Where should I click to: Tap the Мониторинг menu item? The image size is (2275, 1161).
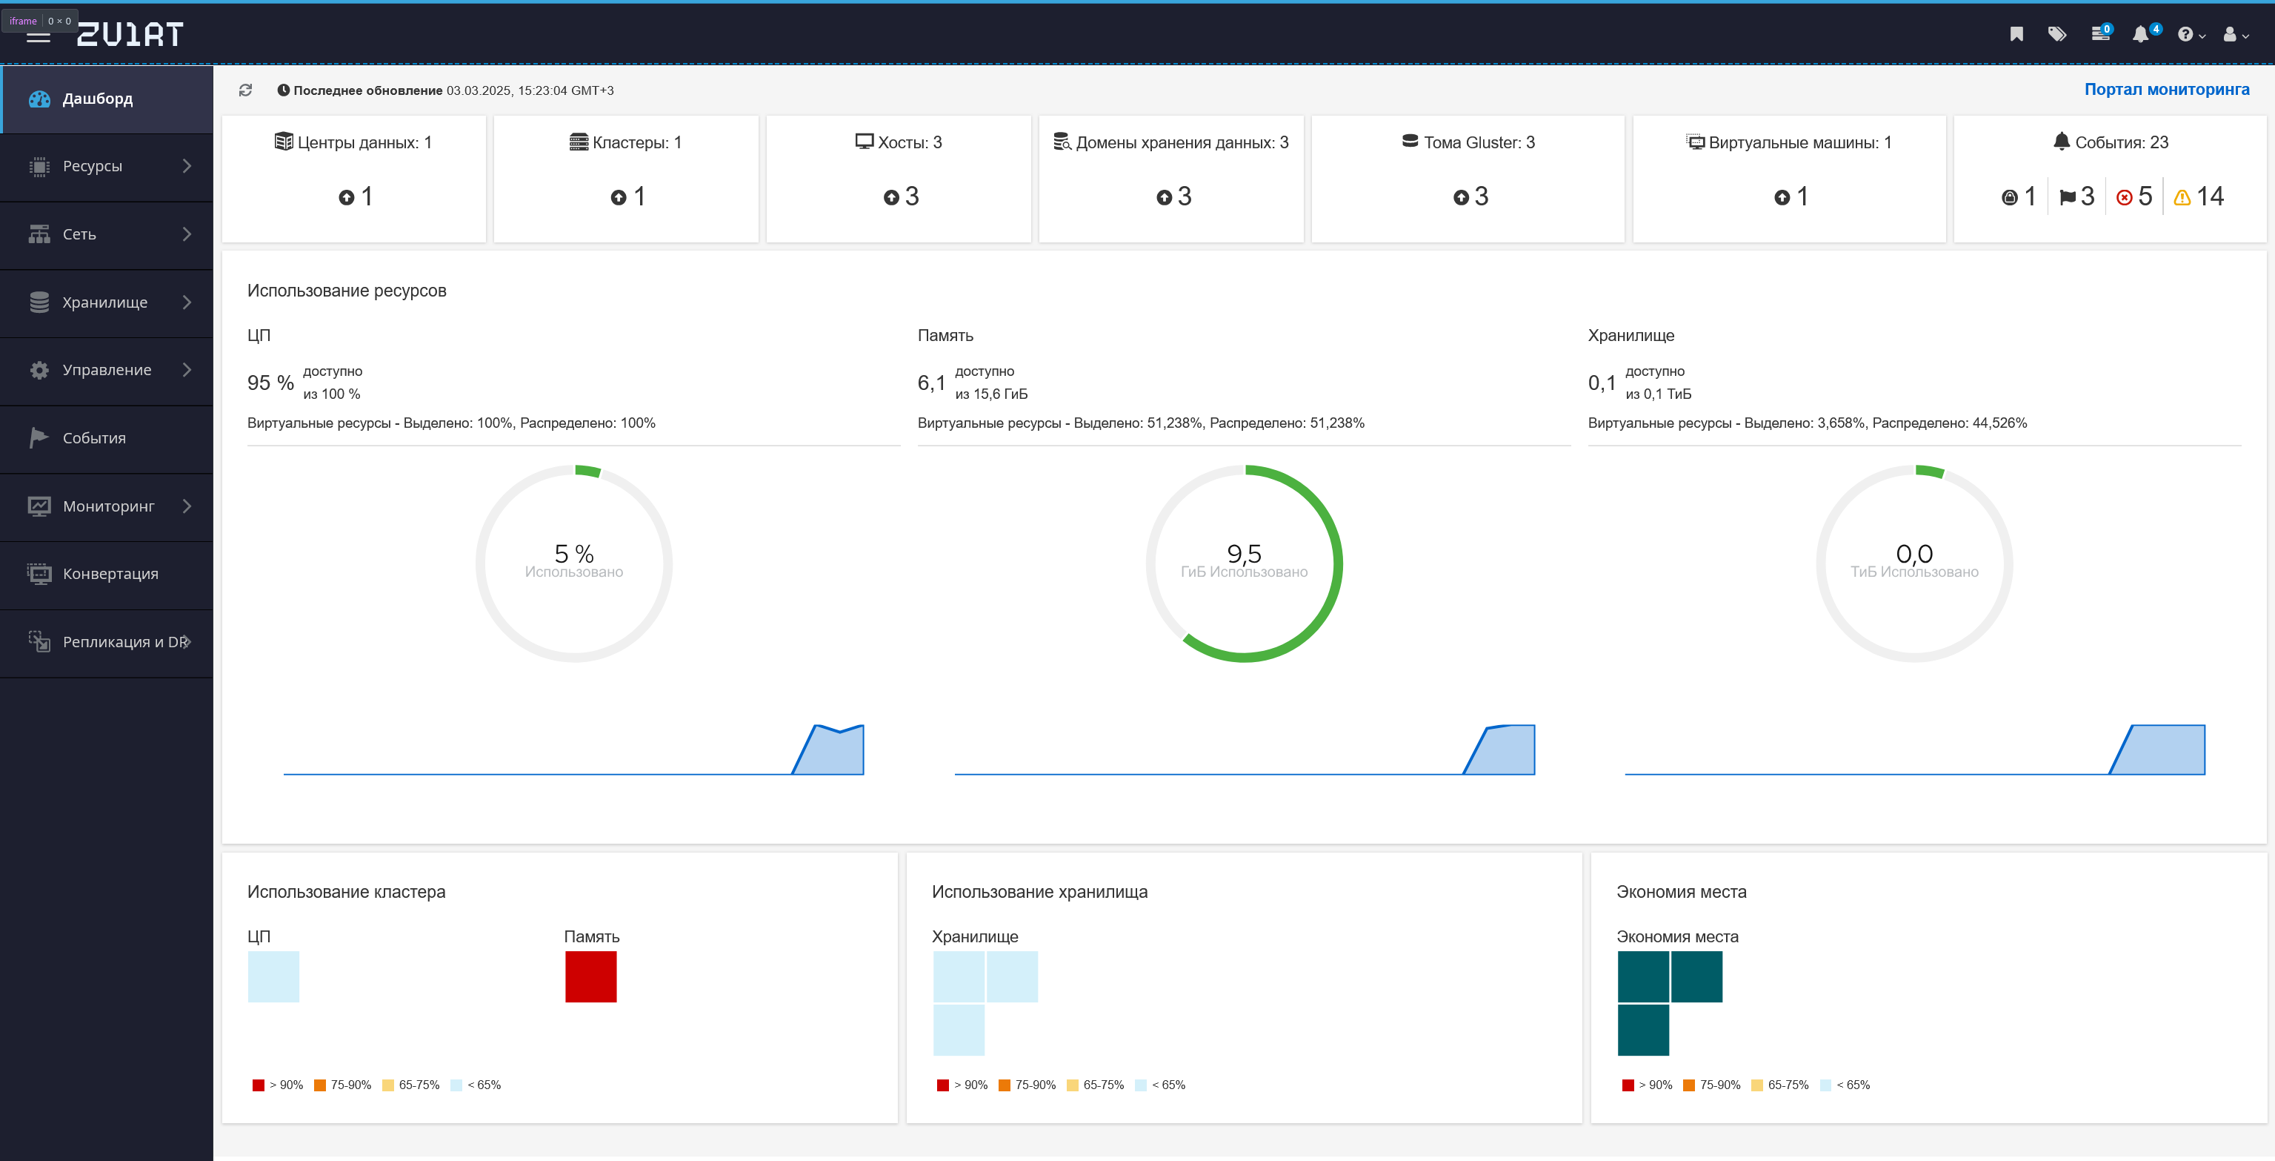pos(107,506)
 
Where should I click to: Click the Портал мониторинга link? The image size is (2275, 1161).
pos(2166,89)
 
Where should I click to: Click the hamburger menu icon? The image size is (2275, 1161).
pos(38,36)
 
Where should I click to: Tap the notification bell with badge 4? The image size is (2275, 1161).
pos(2142,34)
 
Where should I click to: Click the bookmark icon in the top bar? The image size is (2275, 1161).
pos(2016,34)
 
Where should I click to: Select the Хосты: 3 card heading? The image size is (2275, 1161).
pos(899,142)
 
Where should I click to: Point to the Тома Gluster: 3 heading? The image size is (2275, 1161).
pos(1469,142)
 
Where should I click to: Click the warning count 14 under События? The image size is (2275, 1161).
pos(2199,196)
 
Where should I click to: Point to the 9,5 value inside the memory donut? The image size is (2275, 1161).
pos(1245,553)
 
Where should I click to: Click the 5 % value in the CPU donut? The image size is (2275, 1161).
pos(574,553)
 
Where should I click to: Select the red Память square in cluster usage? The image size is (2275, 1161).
pos(591,976)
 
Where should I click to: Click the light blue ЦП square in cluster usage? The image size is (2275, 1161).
pos(274,976)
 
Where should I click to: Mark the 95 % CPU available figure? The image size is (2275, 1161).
pos(270,383)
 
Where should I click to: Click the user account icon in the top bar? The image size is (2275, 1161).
pos(2235,34)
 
